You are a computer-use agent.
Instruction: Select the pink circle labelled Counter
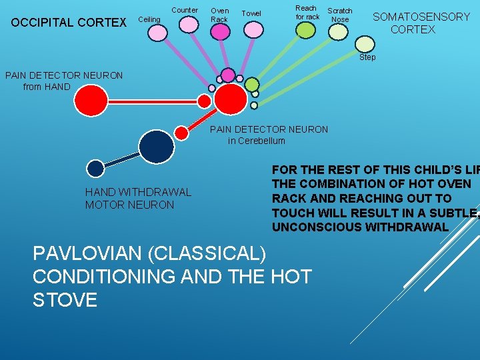(189, 24)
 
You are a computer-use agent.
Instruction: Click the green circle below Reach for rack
(305, 30)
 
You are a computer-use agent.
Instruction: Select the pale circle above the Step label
(365, 43)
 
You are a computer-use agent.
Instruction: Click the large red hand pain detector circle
(91, 101)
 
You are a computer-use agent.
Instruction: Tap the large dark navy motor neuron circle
(156, 146)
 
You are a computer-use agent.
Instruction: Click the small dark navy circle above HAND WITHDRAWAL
(96, 168)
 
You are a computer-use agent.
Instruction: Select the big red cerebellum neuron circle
(231, 99)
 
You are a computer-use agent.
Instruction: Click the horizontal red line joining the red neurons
(153, 101)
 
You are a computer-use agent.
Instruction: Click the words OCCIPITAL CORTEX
(69, 23)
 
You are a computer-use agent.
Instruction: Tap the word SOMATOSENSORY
(421, 17)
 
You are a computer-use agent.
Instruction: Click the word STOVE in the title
(65, 299)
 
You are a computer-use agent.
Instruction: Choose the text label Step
(367, 57)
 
